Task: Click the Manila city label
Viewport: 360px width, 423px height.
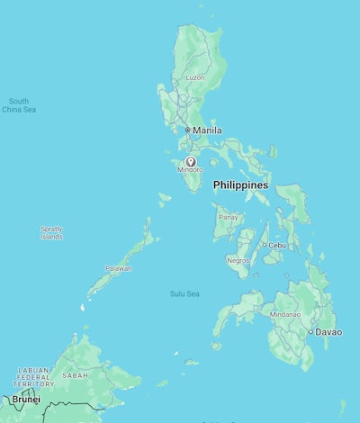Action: [208, 130]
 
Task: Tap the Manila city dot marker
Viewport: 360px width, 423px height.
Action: [187, 130]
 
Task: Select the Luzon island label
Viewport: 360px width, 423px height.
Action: [195, 77]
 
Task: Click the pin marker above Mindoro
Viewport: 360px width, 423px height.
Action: [189, 160]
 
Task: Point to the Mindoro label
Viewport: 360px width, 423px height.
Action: [189, 170]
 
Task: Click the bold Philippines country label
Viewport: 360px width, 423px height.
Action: [240, 185]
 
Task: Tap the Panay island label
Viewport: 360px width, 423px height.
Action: [229, 217]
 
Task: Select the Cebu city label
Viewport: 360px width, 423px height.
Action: [277, 245]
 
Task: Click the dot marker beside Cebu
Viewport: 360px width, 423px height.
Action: [264, 245]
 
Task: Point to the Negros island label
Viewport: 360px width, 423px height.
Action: [238, 260]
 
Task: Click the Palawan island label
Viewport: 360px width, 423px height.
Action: [118, 268]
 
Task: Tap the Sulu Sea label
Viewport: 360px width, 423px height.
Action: [184, 294]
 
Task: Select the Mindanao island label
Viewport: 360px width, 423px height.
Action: [284, 315]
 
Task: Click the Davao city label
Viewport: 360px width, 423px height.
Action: [328, 332]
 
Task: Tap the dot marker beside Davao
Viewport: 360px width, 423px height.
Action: [310, 332]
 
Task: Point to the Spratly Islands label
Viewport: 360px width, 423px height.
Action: [51, 232]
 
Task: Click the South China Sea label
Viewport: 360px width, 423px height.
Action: [19, 105]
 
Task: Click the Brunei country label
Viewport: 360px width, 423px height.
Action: [25, 399]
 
